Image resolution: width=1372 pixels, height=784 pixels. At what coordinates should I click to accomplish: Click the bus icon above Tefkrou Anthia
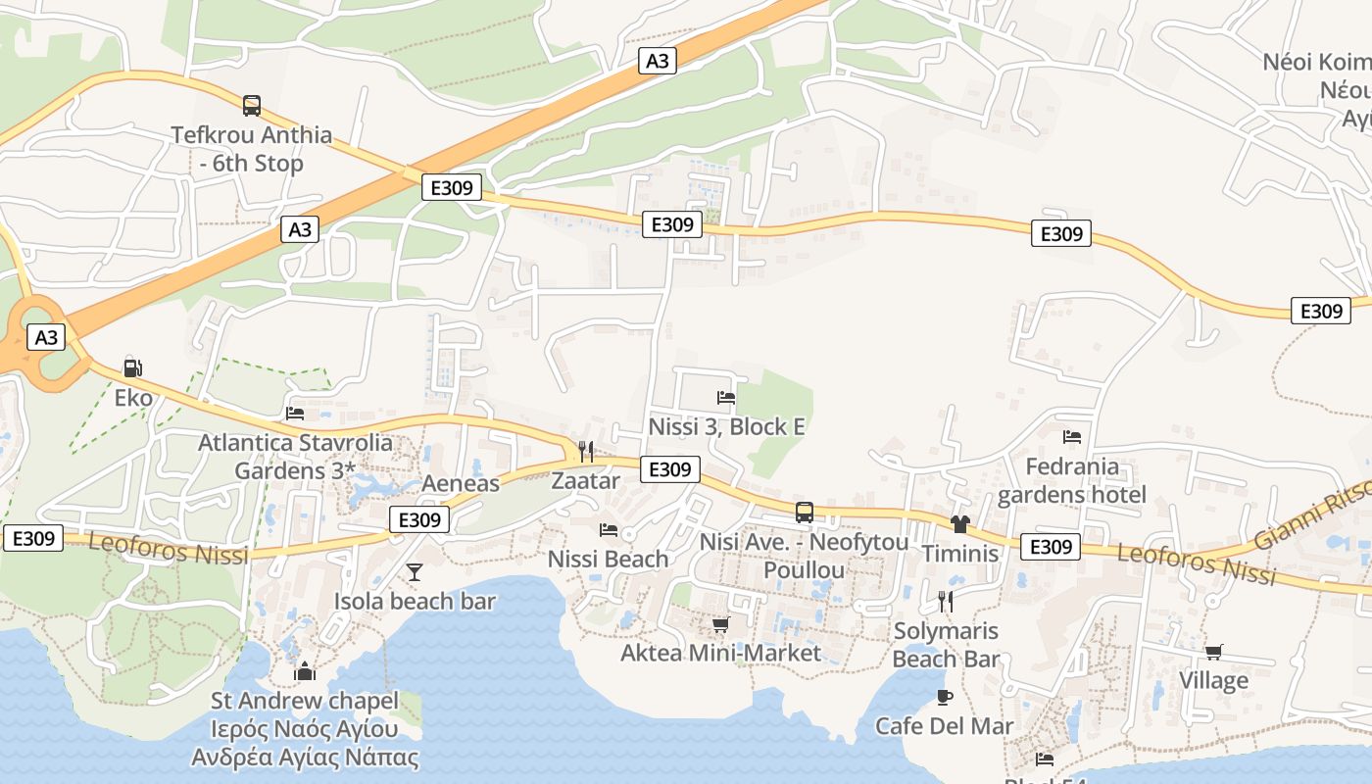(252, 105)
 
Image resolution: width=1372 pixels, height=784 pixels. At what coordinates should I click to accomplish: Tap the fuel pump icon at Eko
(132, 368)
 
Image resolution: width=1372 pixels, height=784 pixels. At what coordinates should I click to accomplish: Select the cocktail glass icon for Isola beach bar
(415, 572)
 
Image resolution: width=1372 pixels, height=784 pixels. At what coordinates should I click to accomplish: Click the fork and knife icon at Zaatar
(586, 452)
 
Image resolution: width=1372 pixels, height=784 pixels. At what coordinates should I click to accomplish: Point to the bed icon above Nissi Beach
(609, 530)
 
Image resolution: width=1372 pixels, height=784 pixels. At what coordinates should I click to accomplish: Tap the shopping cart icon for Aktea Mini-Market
(720, 624)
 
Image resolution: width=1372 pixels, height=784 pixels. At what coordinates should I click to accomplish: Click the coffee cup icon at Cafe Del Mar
(945, 697)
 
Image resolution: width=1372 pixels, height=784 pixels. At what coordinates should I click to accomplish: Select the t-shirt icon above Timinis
(959, 524)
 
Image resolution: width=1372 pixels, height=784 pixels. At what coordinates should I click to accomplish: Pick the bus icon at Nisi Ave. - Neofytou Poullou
(804, 513)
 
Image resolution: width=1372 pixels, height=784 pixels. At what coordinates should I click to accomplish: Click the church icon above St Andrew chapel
(305, 671)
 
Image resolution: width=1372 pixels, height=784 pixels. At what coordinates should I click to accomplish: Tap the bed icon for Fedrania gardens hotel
(1072, 437)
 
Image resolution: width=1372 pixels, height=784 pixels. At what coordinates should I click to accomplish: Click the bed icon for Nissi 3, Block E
(726, 398)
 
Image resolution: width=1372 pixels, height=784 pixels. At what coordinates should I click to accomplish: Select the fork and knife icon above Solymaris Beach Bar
(946, 601)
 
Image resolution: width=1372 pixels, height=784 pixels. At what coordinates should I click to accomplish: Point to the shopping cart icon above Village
(1214, 652)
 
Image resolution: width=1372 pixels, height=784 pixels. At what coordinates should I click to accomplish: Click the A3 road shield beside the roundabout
(46, 338)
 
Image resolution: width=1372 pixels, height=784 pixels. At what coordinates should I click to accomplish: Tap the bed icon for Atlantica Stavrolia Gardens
(295, 414)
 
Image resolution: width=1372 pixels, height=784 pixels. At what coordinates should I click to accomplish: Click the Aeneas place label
(461, 483)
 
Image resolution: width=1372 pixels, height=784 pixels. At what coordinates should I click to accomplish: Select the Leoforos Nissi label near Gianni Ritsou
(1197, 564)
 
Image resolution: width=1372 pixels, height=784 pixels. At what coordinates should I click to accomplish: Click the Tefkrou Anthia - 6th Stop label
(252, 149)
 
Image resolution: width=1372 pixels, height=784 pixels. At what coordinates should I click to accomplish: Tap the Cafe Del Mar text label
(945, 726)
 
